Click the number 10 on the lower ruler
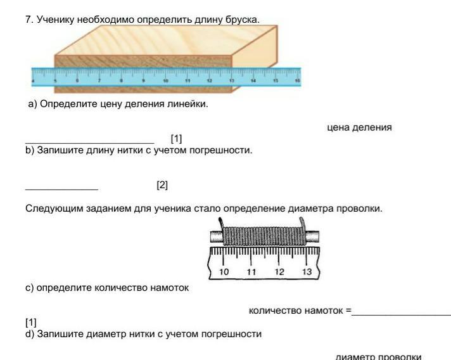tap(224, 271)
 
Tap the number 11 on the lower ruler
tap(251, 271)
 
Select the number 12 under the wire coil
tap(279, 271)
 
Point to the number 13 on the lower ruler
tap(307, 271)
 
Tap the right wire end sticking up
tap(304, 224)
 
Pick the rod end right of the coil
tap(312, 236)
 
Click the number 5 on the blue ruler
tap(56, 82)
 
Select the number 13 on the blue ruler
tap(232, 82)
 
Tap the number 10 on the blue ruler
tap(165, 82)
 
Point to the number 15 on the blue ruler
tap(276, 82)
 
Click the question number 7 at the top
tap(29, 20)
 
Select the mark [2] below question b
tap(162, 185)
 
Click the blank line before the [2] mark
tap(61, 189)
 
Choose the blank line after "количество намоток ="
tap(401, 314)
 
